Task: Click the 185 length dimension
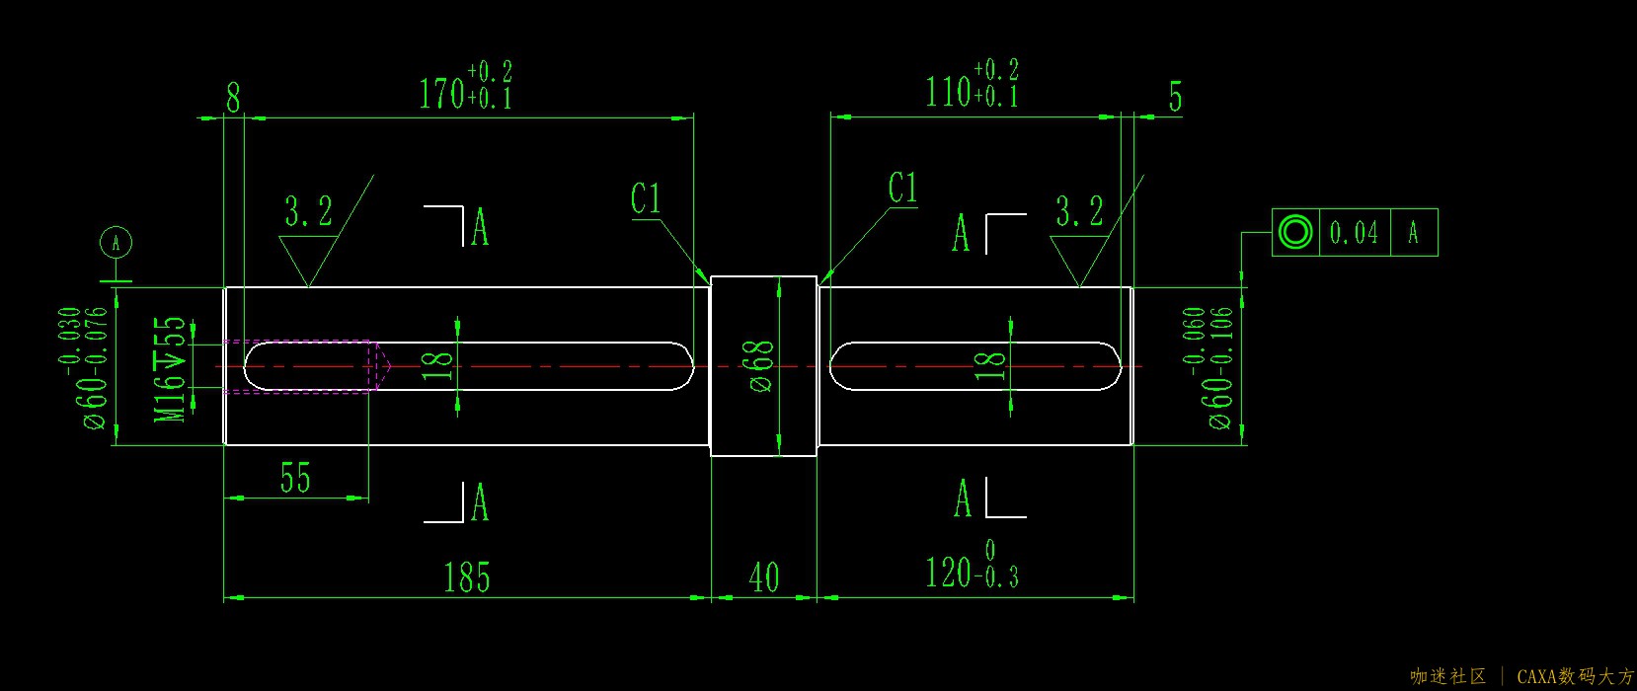click(x=466, y=577)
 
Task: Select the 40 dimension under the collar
click(x=763, y=577)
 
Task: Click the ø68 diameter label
click(x=761, y=366)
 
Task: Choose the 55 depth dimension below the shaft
click(x=295, y=479)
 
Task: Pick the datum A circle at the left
click(x=117, y=243)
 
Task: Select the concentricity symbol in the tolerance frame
click(x=1294, y=232)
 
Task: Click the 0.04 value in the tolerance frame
click(x=1354, y=233)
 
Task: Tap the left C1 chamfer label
click(x=646, y=199)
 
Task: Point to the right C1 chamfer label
click(x=902, y=189)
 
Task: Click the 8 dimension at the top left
click(x=233, y=98)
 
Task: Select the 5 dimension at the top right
click(x=1175, y=97)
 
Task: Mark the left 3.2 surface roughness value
click(x=309, y=211)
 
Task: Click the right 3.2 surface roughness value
click(x=1079, y=211)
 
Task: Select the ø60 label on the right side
click(x=1220, y=394)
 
